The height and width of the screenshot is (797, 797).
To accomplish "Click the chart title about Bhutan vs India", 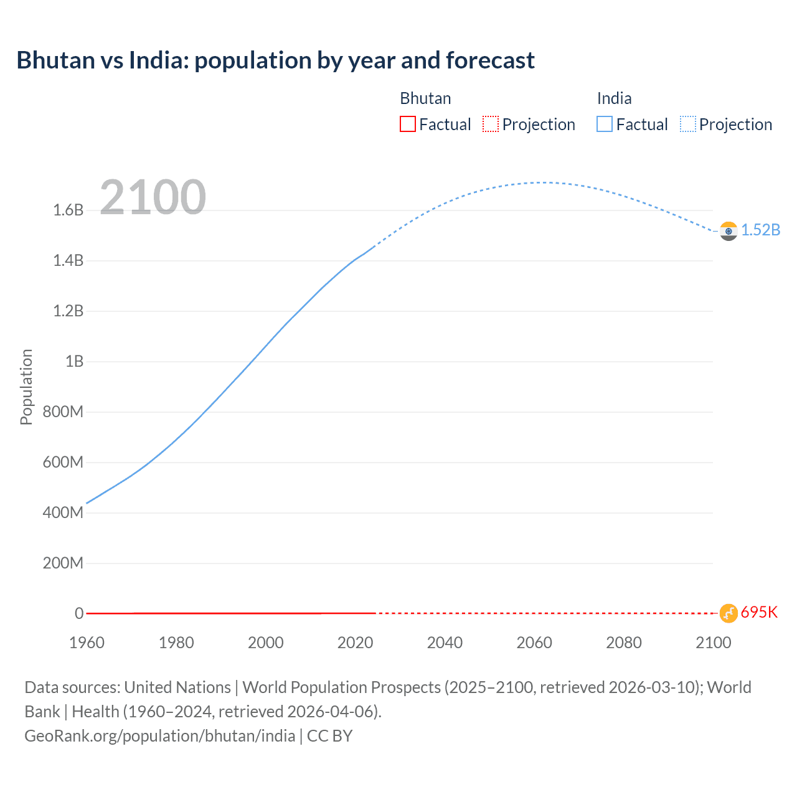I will tap(275, 60).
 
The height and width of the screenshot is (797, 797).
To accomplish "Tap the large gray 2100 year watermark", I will tap(153, 197).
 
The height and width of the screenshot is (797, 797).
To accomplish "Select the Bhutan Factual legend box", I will tap(407, 124).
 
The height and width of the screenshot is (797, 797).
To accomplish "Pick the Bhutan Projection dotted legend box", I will tap(491, 124).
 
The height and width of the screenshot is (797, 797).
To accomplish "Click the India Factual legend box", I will tap(604, 124).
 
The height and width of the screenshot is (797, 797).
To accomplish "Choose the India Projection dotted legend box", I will tap(687, 124).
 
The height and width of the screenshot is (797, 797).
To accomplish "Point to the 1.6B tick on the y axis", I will tap(68, 210).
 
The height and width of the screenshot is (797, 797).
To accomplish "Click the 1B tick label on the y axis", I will tap(74, 361).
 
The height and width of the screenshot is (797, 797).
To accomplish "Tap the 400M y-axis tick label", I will tap(63, 512).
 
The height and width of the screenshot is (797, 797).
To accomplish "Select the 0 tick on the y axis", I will tap(78, 613).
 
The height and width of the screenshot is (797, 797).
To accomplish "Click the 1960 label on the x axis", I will tap(87, 643).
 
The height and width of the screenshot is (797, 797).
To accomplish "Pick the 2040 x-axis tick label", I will tap(445, 643).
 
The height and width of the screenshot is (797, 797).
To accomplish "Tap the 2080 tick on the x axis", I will tap(623, 643).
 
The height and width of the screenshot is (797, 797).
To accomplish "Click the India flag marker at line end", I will tap(729, 231).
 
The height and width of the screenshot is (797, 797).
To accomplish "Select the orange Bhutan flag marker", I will tap(729, 613).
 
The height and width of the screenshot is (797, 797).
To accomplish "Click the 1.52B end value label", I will tap(760, 230).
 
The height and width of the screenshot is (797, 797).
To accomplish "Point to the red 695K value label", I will tap(759, 612).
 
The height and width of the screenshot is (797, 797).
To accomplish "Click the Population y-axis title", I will tap(26, 387).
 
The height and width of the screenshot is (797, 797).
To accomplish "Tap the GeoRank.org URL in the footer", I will tap(160, 736).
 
